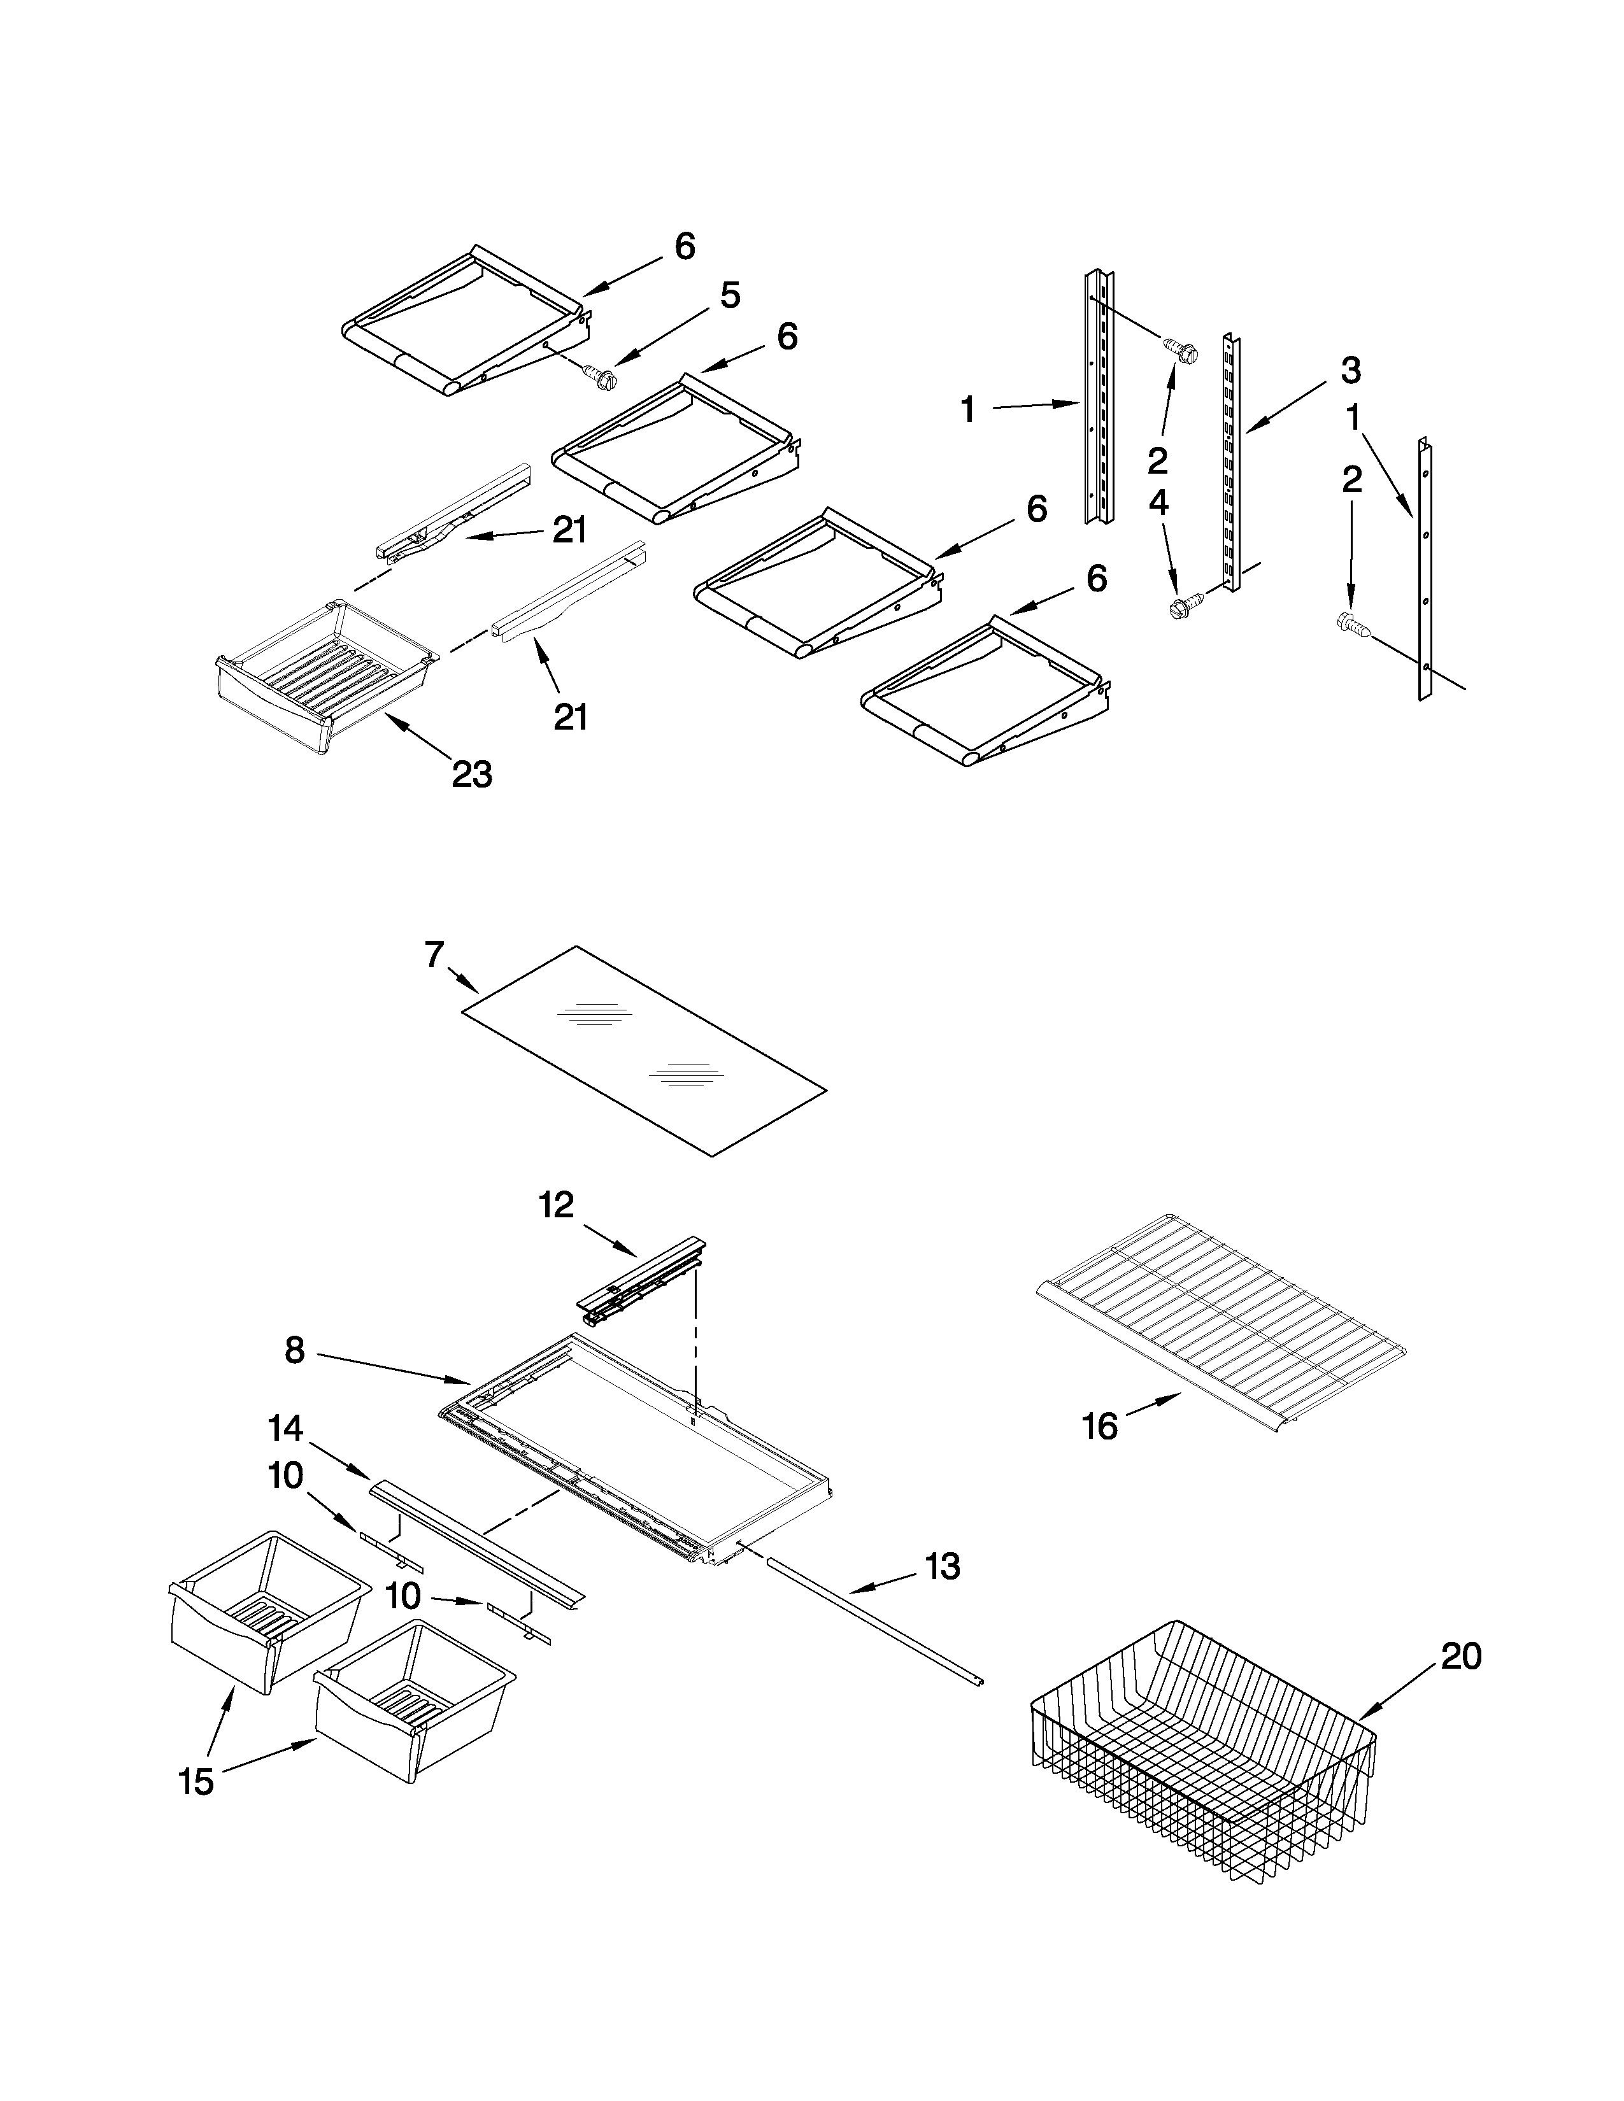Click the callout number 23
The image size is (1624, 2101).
coord(471,774)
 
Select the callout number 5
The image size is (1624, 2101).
coord(730,295)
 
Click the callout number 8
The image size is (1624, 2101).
coord(294,1350)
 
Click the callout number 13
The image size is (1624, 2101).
coord(942,1567)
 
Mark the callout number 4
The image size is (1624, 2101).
coord(1158,502)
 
